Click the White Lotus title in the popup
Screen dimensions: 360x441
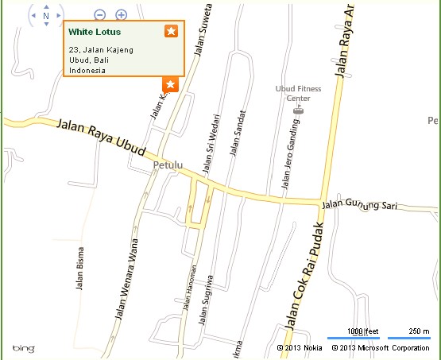(x=95, y=33)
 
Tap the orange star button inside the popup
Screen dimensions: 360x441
(x=171, y=31)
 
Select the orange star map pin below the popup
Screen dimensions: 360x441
(x=169, y=84)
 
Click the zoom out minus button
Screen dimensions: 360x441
(x=99, y=14)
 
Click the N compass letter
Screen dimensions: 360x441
(x=46, y=15)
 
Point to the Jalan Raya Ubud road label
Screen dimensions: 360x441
(x=102, y=136)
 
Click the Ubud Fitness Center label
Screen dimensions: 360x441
(x=298, y=93)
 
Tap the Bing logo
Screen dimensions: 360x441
(x=22, y=348)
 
